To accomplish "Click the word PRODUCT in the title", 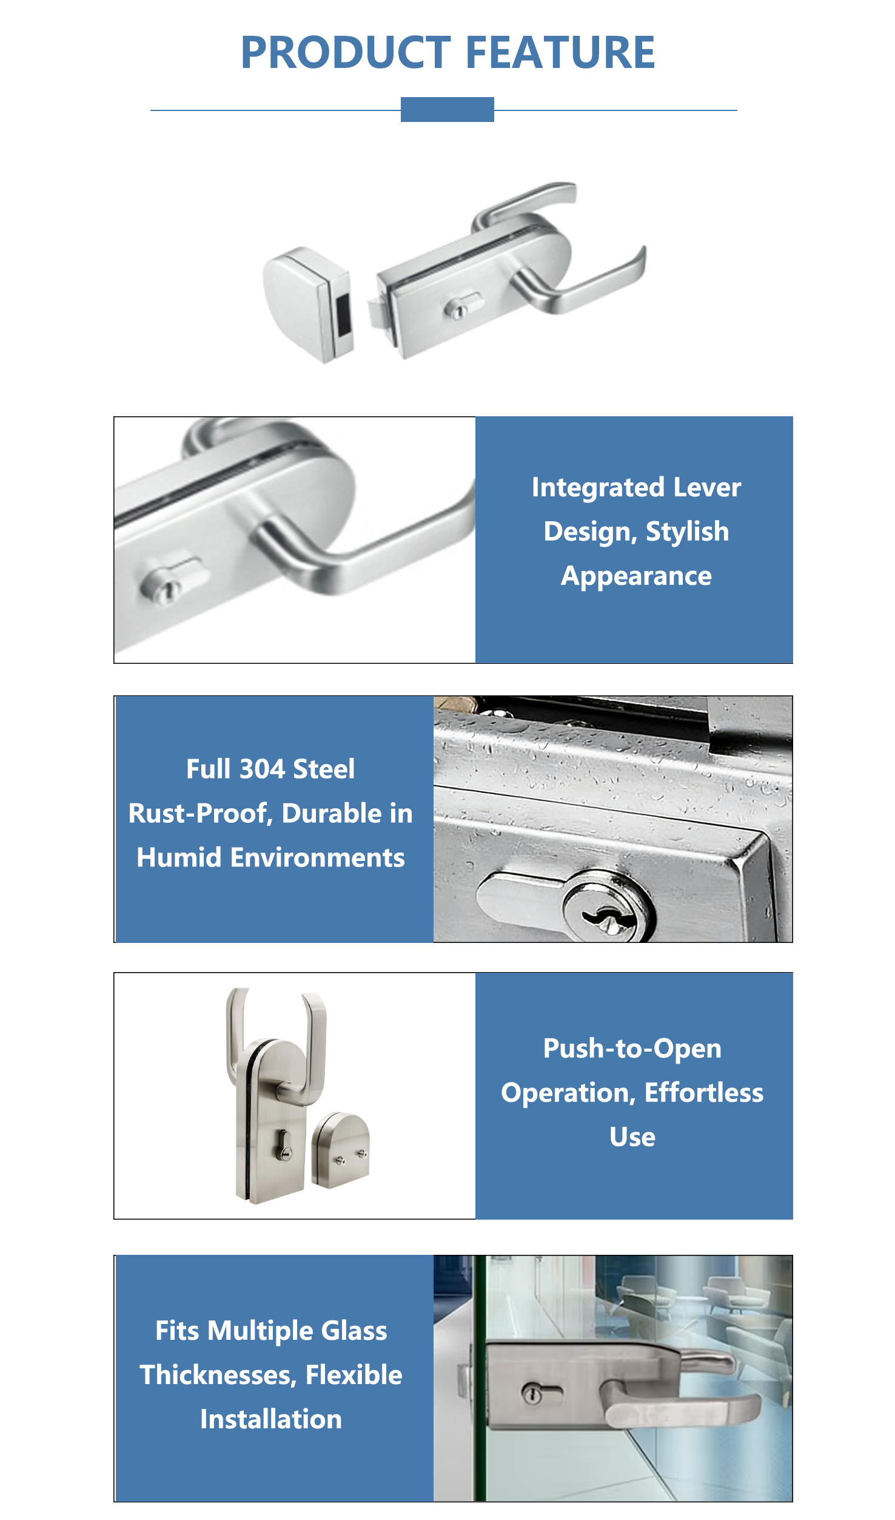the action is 346,52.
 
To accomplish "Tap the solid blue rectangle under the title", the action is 447,109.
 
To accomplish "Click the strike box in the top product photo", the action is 308,303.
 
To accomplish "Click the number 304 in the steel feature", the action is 263,769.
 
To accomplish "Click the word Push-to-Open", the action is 632,1049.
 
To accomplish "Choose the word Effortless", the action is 703,1093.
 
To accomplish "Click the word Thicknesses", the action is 218,1376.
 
